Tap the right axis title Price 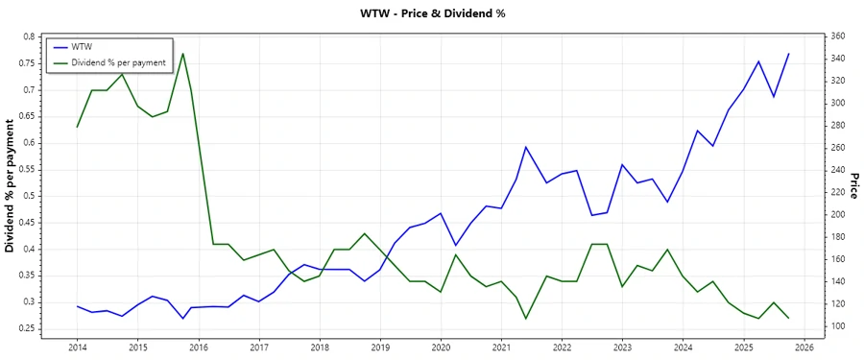click(853, 185)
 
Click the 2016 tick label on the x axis click(199, 347)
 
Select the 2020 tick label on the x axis click(441, 347)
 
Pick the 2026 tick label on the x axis click(804, 347)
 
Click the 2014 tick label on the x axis click(77, 347)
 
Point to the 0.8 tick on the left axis click(29, 36)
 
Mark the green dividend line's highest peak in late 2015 click(182, 53)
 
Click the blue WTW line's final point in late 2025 click(788, 54)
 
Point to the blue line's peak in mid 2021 click(526, 147)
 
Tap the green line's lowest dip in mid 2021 click(526, 319)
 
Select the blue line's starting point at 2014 click(77, 306)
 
